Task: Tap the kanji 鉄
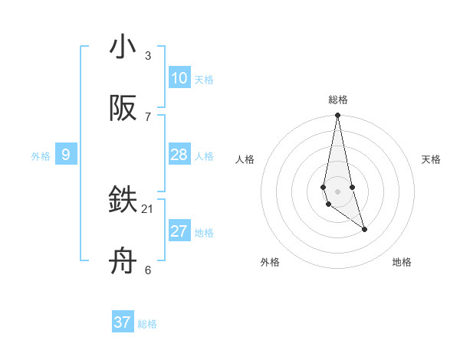(x=123, y=201)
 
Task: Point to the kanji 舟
(x=123, y=262)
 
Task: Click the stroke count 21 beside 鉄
(x=148, y=208)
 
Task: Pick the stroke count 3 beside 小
(x=148, y=55)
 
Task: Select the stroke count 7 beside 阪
(x=148, y=116)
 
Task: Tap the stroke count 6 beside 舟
(x=148, y=270)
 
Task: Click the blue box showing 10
(x=179, y=78)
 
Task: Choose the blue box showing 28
(x=179, y=155)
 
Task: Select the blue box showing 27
(x=179, y=231)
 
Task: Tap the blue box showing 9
(x=66, y=155)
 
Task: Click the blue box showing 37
(x=123, y=322)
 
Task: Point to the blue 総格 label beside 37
(x=147, y=324)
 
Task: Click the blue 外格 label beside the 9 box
(x=41, y=156)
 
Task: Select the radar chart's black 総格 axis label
(x=338, y=100)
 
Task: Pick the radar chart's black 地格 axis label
(x=402, y=262)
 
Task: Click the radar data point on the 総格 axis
(x=337, y=116)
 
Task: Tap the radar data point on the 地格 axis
(x=364, y=229)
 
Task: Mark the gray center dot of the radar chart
(x=337, y=191)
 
